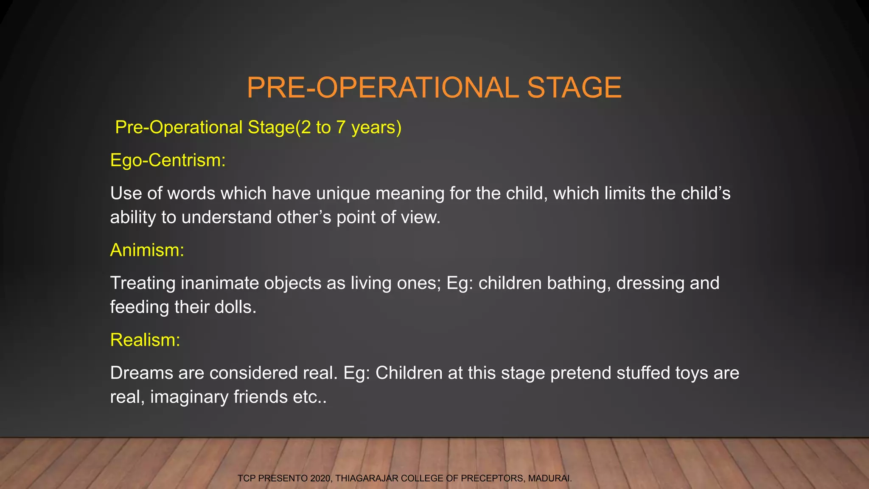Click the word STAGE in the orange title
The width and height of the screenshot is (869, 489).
574,88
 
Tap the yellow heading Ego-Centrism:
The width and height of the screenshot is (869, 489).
168,160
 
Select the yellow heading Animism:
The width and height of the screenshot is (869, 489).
147,250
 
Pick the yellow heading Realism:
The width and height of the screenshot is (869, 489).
145,340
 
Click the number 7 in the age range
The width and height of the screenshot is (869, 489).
341,127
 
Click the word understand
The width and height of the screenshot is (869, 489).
227,217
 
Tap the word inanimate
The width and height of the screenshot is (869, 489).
220,283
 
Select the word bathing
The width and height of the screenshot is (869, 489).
579,283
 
